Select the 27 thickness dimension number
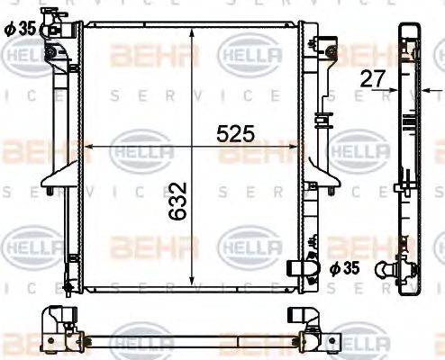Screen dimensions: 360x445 (371, 78)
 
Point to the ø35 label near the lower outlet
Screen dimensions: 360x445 (342, 267)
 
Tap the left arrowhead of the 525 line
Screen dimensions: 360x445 (88, 146)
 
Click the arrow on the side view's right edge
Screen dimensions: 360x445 (427, 90)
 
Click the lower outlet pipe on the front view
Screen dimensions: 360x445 (302, 269)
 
